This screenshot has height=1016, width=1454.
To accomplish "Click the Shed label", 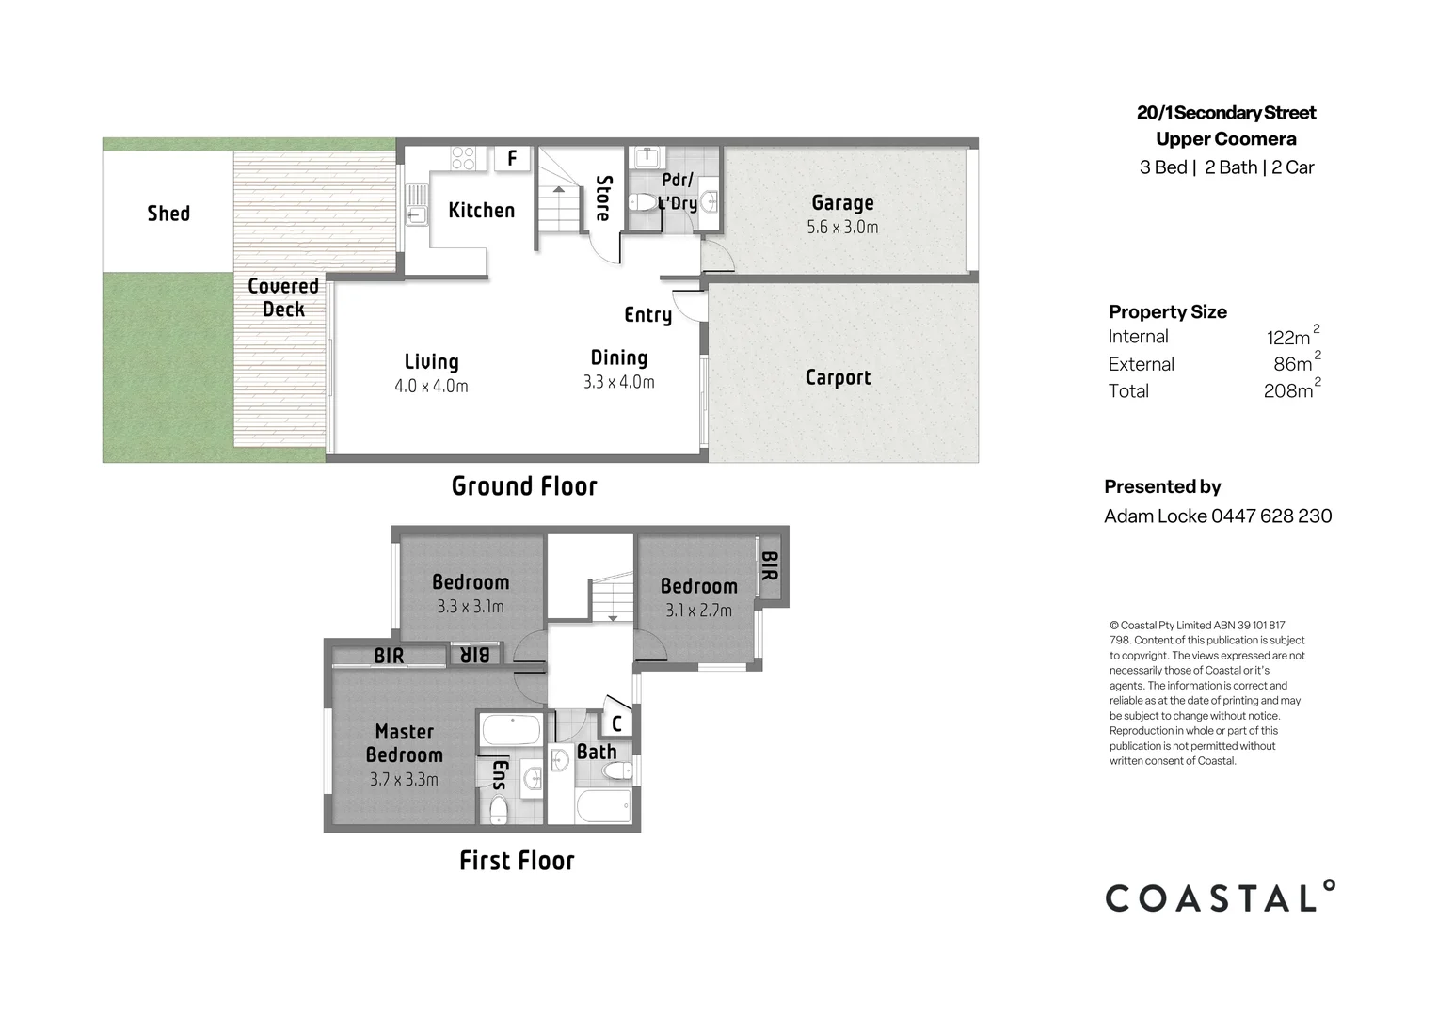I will pyautogui.click(x=168, y=214).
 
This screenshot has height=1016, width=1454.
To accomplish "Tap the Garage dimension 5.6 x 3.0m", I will pyautogui.click(x=842, y=228).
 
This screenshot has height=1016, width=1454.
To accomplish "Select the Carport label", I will pyautogui.click(x=838, y=377).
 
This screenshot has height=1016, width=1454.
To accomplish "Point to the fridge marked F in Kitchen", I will pyautogui.click(x=512, y=158).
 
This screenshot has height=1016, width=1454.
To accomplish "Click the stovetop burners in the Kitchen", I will pyautogui.click(x=462, y=158).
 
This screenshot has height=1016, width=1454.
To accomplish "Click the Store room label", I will pyautogui.click(x=603, y=198).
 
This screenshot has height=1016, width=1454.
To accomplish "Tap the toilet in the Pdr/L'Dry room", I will pyautogui.click(x=644, y=201).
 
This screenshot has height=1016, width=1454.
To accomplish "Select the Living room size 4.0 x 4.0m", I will pyautogui.click(x=431, y=386).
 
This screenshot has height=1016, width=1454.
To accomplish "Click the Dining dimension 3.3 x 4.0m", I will pyautogui.click(x=618, y=382).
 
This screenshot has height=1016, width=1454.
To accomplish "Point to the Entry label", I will pyautogui.click(x=647, y=315).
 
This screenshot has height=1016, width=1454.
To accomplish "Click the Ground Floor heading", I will pyautogui.click(x=524, y=486).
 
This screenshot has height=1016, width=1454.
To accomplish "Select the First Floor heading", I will pyautogui.click(x=517, y=861).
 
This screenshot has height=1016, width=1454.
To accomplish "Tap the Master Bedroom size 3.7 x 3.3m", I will pyautogui.click(x=404, y=780).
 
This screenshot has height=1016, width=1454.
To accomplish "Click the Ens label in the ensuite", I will pyautogui.click(x=500, y=775).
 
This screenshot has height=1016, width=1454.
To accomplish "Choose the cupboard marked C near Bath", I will pyautogui.click(x=616, y=723).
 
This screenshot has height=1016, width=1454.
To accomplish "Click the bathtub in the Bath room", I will pyautogui.click(x=602, y=805).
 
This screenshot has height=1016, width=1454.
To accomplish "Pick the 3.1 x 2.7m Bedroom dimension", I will pyautogui.click(x=698, y=611).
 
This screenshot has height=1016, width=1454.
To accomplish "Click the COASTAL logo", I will pyautogui.click(x=1220, y=897).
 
